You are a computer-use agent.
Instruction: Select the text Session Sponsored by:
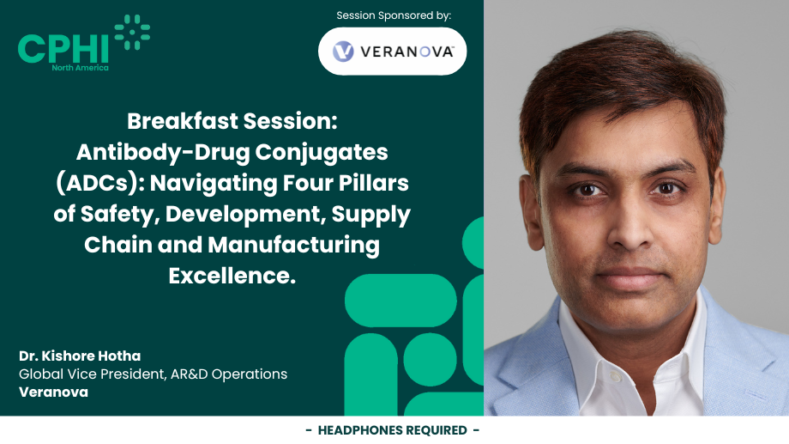pos(394,15)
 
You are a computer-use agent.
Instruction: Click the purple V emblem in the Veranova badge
pos(343,52)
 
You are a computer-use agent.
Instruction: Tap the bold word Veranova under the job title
pos(53,392)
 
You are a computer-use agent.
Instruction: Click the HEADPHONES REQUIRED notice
pos(393,430)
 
